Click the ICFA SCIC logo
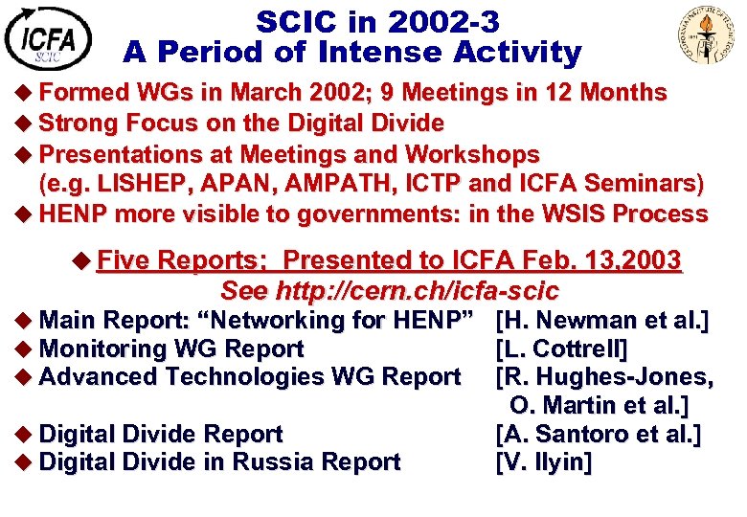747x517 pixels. [48, 38]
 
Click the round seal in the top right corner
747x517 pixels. [705, 34]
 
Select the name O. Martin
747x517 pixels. [563, 405]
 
